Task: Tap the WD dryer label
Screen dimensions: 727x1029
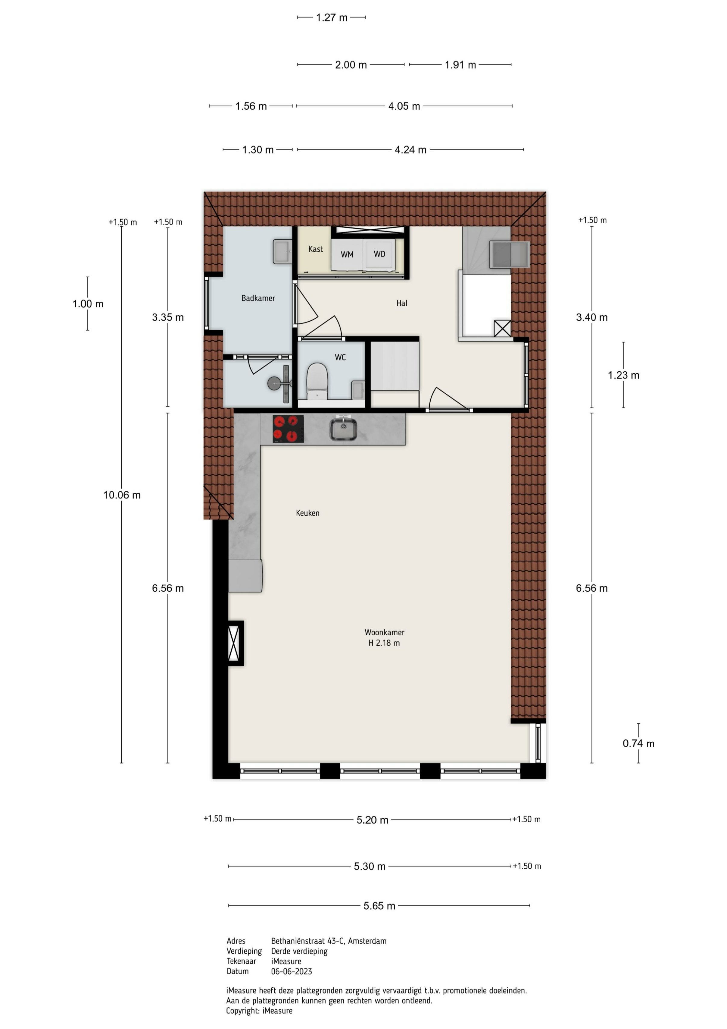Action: [379, 254]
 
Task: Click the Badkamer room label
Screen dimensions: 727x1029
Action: [258, 298]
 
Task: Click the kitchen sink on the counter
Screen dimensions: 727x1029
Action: [343, 429]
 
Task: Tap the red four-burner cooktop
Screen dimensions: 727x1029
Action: [288, 429]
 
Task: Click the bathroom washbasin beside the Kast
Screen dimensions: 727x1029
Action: [282, 251]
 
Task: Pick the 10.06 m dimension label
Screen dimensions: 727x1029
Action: [122, 495]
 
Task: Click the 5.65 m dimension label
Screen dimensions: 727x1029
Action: [379, 906]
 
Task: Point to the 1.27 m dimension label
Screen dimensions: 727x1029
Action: [332, 17]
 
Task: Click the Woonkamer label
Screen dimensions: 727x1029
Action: [384, 632]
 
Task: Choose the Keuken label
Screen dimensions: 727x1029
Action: [308, 513]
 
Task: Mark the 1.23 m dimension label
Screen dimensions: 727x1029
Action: [623, 375]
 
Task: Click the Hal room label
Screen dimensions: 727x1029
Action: [402, 304]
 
